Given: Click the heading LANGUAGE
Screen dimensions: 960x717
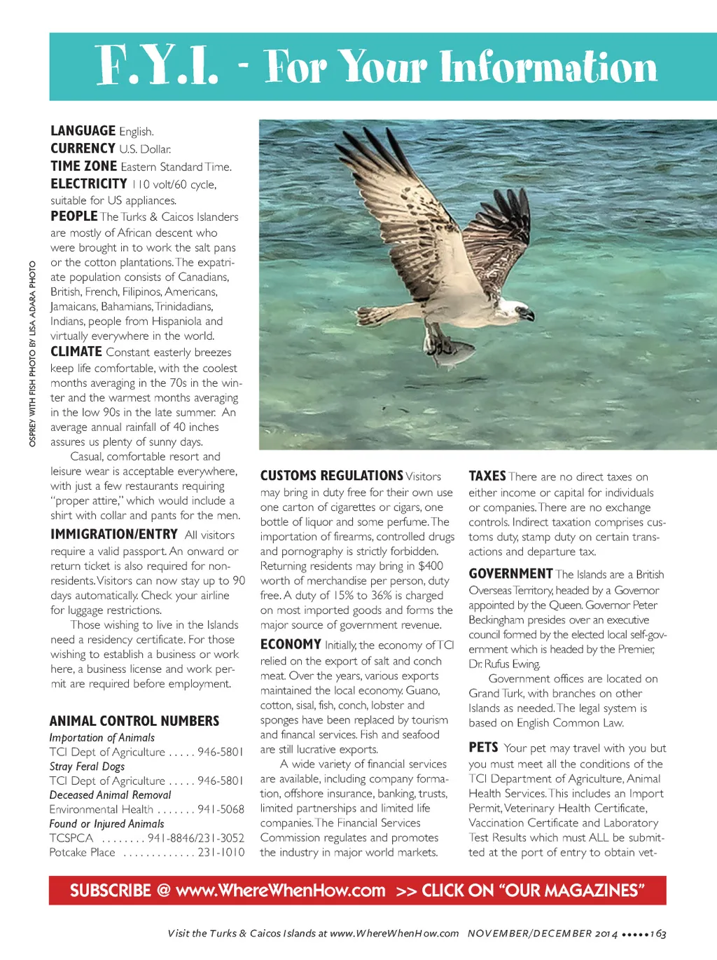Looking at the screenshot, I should click(x=83, y=131).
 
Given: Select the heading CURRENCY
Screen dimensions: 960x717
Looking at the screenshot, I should click(x=83, y=149).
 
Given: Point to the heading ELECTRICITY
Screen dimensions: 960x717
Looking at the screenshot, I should click(x=89, y=184).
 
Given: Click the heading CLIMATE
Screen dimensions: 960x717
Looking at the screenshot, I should click(x=76, y=352).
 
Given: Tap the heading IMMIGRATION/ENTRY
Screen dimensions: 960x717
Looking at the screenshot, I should click(x=114, y=534).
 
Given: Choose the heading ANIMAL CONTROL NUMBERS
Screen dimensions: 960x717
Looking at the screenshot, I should click(x=134, y=721).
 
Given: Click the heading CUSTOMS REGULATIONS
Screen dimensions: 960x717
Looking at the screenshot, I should click(x=331, y=476).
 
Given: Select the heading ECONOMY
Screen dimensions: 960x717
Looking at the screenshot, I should click(x=291, y=645).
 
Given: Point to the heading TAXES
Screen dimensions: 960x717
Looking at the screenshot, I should click(x=487, y=476).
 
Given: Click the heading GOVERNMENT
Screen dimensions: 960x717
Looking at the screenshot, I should click(x=510, y=574).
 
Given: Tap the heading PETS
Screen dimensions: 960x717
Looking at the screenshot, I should click(x=483, y=748).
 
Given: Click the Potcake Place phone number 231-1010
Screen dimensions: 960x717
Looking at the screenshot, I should click(x=221, y=853).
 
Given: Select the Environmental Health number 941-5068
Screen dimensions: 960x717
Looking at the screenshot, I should click(x=221, y=809).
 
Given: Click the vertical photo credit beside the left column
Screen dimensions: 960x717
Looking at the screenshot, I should click(x=32, y=354).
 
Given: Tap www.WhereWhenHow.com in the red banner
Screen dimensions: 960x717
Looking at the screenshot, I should click(x=281, y=891).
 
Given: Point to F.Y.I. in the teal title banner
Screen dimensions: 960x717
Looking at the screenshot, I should click(x=157, y=67).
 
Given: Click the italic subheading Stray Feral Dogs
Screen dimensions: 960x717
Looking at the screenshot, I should click(x=87, y=766).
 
